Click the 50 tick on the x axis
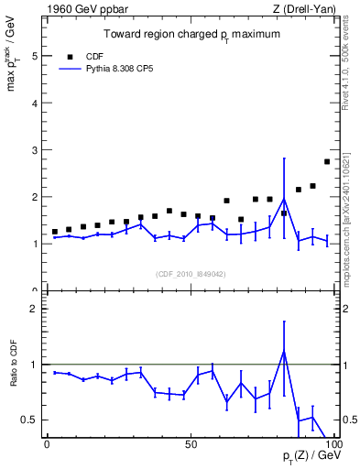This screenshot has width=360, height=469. pos(190,443)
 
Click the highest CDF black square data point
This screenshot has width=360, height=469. pos(327,161)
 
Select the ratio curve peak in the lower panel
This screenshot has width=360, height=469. pos(284,352)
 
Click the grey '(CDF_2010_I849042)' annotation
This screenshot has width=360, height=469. pos(191,273)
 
